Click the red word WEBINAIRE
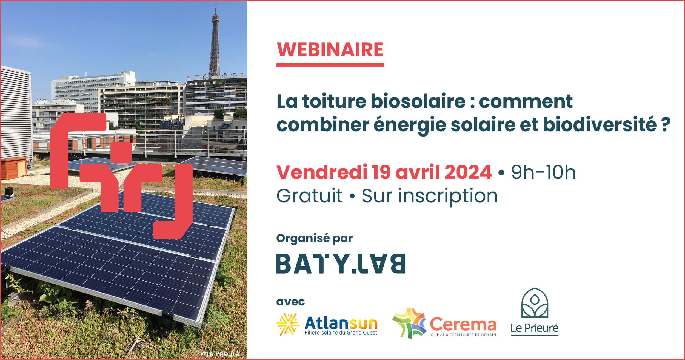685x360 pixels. click(330, 50)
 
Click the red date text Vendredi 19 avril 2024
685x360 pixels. click(384, 172)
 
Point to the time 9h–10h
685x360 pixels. click(543, 172)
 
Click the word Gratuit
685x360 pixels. click(309, 196)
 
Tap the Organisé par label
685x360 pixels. click(314, 239)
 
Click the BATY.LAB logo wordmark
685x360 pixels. click(341, 264)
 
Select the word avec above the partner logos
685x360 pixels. click(290, 302)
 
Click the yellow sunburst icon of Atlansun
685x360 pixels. click(288, 324)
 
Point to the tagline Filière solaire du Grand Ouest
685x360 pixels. click(341, 333)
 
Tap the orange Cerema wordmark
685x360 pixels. click(463, 324)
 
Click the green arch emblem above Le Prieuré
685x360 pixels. click(535, 303)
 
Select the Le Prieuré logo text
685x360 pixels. click(535, 328)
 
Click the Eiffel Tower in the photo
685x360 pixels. click(215, 44)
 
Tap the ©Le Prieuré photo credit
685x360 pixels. click(220, 354)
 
